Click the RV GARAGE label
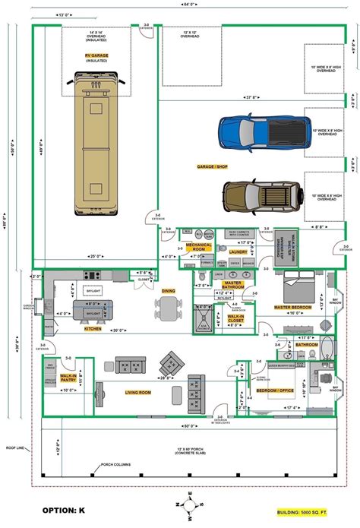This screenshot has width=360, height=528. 96,55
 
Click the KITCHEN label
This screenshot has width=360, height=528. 92,329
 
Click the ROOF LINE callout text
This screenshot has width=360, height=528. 15,447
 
